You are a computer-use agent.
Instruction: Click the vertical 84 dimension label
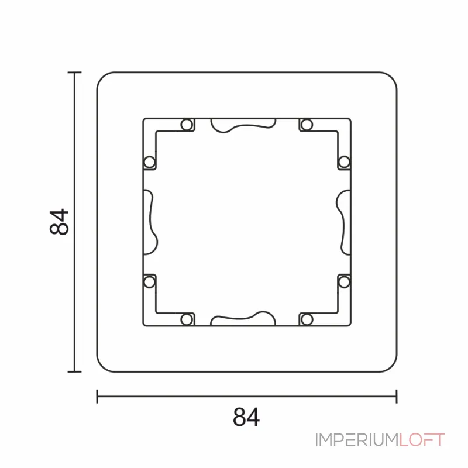(x=60, y=222)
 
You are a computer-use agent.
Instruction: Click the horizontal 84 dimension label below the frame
(x=246, y=417)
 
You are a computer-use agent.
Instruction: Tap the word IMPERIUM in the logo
(x=357, y=440)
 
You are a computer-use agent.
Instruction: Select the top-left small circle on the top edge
(x=187, y=125)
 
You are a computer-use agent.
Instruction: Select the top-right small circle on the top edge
(x=307, y=125)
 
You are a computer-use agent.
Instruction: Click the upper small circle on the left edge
(x=149, y=161)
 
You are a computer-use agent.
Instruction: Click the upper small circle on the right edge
(x=344, y=161)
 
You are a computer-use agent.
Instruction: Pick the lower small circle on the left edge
(x=149, y=282)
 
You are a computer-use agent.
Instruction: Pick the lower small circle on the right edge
(x=344, y=282)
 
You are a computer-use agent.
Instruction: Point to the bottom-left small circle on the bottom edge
(x=187, y=319)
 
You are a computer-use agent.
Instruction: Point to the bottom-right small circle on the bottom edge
(x=307, y=319)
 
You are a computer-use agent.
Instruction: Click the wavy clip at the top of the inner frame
(x=243, y=125)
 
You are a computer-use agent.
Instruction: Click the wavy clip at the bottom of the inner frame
(x=243, y=319)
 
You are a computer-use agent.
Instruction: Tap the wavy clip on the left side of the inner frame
(x=150, y=221)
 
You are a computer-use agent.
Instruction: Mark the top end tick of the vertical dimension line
(x=74, y=72)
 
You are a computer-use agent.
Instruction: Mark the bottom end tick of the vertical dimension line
(x=74, y=371)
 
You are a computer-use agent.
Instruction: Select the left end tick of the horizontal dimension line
(x=97, y=397)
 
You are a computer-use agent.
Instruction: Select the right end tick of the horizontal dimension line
(x=397, y=397)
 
